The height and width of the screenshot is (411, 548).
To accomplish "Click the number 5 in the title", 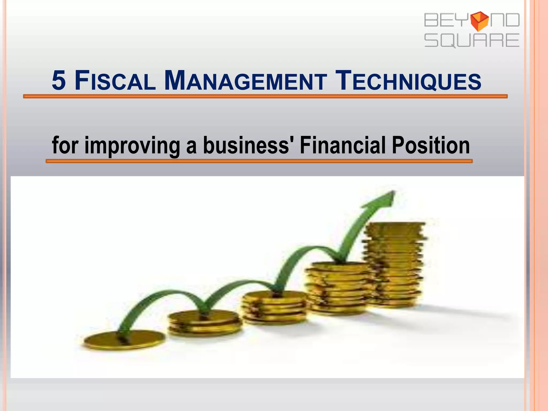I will [59, 81].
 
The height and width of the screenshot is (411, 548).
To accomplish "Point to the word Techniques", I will [408, 81].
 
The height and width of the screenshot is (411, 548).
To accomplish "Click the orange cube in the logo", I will [479, 21].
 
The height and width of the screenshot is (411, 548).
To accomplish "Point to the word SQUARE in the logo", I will [472, 40].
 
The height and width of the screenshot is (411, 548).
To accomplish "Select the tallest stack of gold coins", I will [393, 265].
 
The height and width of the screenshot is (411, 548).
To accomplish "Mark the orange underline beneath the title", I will [265, 96].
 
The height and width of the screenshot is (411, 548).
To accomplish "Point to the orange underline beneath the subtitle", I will [259, 161].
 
